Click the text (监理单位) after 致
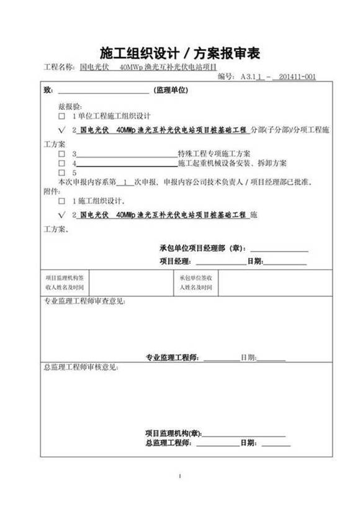coord(169,90)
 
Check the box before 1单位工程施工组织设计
coord(61,116)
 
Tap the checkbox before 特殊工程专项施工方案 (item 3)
coord(61,153)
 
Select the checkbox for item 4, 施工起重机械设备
coord(61,163)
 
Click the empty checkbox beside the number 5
coord(61,173)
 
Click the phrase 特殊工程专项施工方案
coord(214,153)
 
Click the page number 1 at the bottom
coord(179,476)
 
